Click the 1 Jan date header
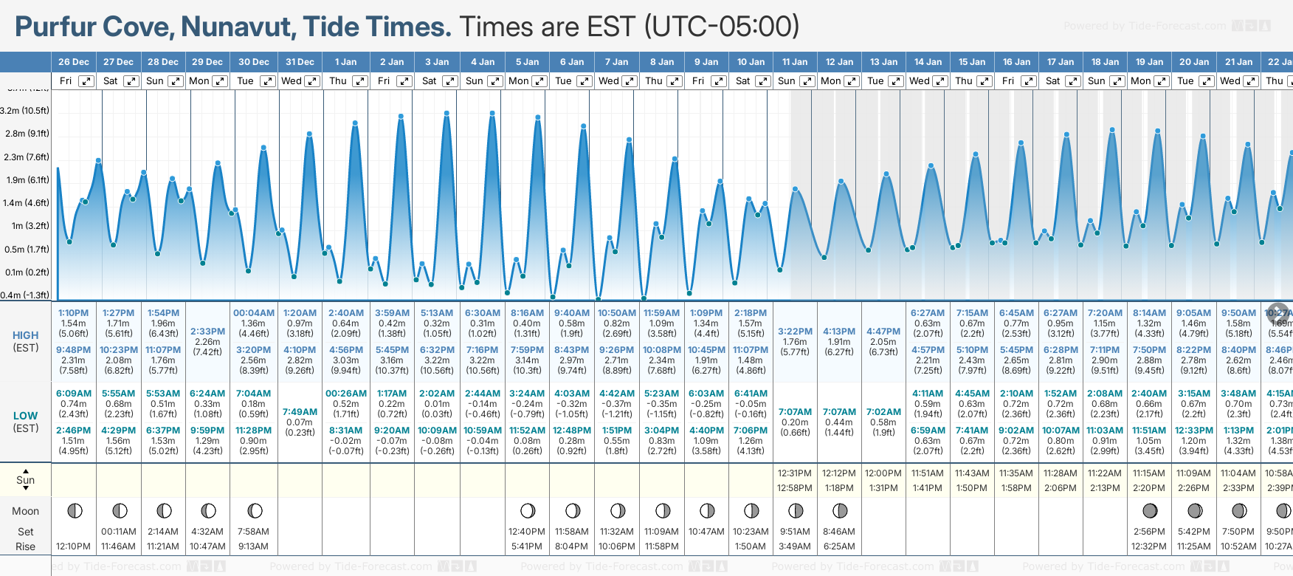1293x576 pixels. click(x=345, y=62)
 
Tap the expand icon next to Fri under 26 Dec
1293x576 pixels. click(x=86, y=81)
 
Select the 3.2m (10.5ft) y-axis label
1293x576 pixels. click(x=25, y=111)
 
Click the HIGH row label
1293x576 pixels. click(x=25, y=335)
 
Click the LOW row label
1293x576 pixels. click(x=25, y=416)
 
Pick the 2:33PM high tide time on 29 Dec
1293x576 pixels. click(x=207, y=332)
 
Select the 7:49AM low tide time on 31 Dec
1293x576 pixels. click(x=300, y=412)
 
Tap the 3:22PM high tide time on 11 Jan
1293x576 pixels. click(x=794, y=332)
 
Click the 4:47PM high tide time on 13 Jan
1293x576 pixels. click(x=883, y=332)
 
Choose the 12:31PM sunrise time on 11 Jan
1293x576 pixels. click(x=794, y=473)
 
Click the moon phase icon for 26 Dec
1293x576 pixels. click(x=74, y=510)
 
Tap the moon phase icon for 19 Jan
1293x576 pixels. click(x=1149, y=510)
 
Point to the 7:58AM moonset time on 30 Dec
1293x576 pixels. click(x=254, y=532)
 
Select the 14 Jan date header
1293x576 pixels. click(x=928, y=62)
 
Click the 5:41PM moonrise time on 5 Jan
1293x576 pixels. click(x=527, y=546)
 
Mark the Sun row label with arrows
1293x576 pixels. click(x=25, y=480)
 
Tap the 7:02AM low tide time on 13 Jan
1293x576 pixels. click(x=883, y=412)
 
